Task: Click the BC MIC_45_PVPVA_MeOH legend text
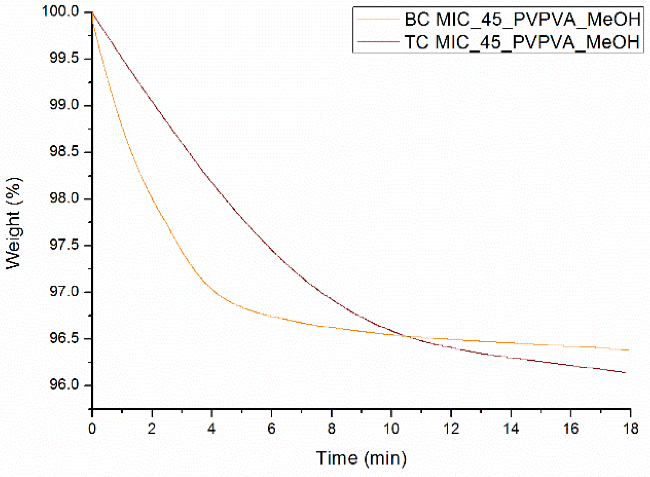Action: [x=522, y=19]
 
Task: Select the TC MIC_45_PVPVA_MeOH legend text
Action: [x=522, y=41]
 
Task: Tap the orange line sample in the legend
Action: [x=377, y=19]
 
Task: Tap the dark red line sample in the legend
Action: [x=377, y=41]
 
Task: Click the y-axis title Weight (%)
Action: [x=14, y=223]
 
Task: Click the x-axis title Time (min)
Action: [x=361, y=458]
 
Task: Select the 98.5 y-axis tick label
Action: [x=64, y=152]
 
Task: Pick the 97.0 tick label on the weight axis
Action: [x=64, y=291]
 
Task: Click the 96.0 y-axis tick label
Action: [x=64, y=385]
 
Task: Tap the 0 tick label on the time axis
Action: [x=92, y=428]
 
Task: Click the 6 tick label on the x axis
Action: [x=271, y=428]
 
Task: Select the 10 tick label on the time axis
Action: [x=391, y=428]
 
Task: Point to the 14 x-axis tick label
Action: [x=510, y=428]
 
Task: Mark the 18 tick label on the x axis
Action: [x=630, y=428]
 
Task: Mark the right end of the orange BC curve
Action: [x=628, y=350]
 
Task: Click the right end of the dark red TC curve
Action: [x=625, y=373]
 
